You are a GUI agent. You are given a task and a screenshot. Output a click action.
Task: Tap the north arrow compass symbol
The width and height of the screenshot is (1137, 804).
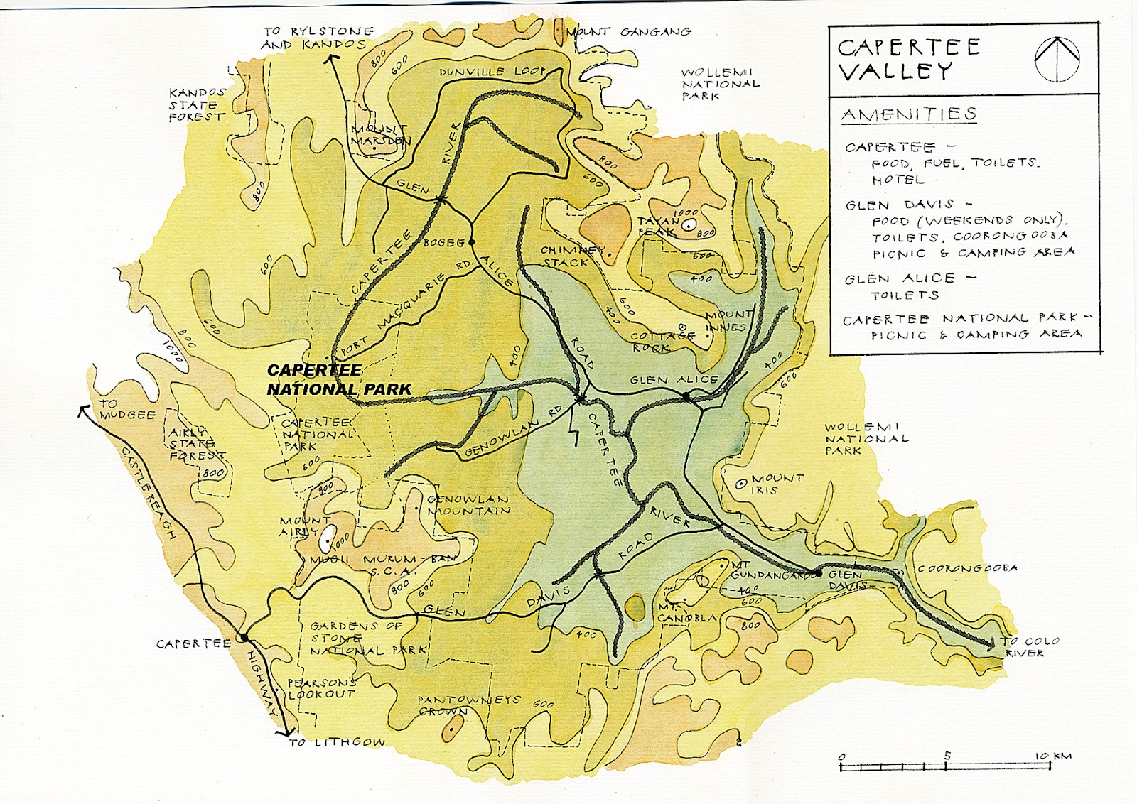[1057, 58]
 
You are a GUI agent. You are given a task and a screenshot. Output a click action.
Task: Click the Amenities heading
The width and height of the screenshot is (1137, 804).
[909, 114]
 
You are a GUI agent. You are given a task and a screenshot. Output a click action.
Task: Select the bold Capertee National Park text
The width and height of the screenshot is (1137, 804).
[338, 380]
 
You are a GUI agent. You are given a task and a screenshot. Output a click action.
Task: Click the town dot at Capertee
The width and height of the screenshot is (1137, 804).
[243, 637]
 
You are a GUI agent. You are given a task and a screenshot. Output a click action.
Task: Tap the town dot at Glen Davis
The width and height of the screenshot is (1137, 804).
[819, 572]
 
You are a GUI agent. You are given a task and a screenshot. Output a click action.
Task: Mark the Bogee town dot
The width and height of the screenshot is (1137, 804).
[471, 242]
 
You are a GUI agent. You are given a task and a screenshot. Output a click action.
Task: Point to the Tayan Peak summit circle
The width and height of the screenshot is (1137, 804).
[688, 226]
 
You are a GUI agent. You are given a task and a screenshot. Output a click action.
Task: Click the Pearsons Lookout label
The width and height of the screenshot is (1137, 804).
[321, 688]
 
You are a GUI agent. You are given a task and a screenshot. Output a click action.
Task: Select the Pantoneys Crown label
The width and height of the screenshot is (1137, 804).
[469, 705]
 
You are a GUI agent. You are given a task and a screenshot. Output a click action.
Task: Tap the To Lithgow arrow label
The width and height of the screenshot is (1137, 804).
[336, 742]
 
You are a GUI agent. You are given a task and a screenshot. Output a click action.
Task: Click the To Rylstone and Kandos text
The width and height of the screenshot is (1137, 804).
[316, 38]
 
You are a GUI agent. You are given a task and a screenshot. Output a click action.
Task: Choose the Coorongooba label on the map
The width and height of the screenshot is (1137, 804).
[967, 568]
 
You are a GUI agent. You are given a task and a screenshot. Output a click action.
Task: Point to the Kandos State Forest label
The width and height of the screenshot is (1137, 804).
[197, 104]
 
